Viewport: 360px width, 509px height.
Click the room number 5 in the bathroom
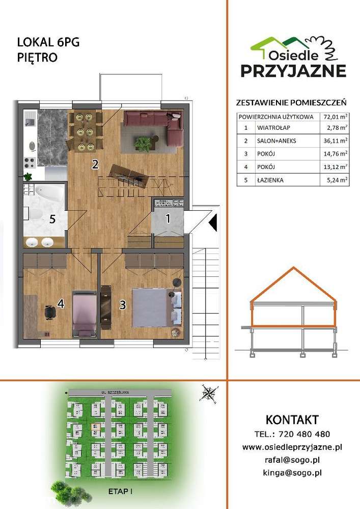click(x=52, y=220)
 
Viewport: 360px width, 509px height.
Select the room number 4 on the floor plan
click(x=61, y=304)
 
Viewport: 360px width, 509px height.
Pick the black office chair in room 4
click(x=50, y=312)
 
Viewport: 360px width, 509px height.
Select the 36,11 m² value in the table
click(x=336, y=140)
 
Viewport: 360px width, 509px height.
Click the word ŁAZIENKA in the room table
click(x=271, y=180)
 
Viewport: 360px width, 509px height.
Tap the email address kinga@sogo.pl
click(x=292, y=472)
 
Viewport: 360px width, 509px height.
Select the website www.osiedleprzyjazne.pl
click(x=292, y=447)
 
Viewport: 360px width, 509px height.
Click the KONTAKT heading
click(x=292, y=420)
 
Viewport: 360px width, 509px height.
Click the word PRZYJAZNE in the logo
click(x=293, y=71)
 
